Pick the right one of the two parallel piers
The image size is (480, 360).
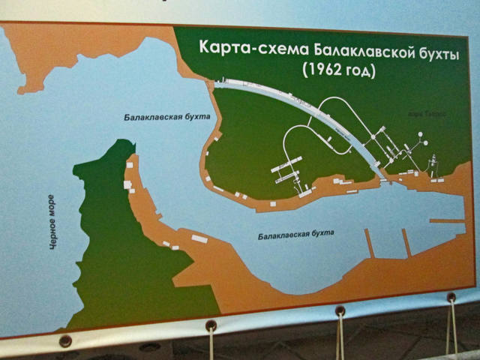[x=406, y=242]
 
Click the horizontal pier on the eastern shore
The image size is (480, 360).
[x=447, y=220]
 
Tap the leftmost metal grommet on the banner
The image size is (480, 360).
[x=65, y=340]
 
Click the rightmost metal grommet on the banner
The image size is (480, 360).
[x=451, y=298]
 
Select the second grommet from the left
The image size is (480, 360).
[x=211, y=325]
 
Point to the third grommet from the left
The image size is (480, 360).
[x=340, y=310]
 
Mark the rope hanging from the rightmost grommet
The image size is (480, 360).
[x=453, y=330]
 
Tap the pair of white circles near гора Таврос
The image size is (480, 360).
[x=422, y=139]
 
